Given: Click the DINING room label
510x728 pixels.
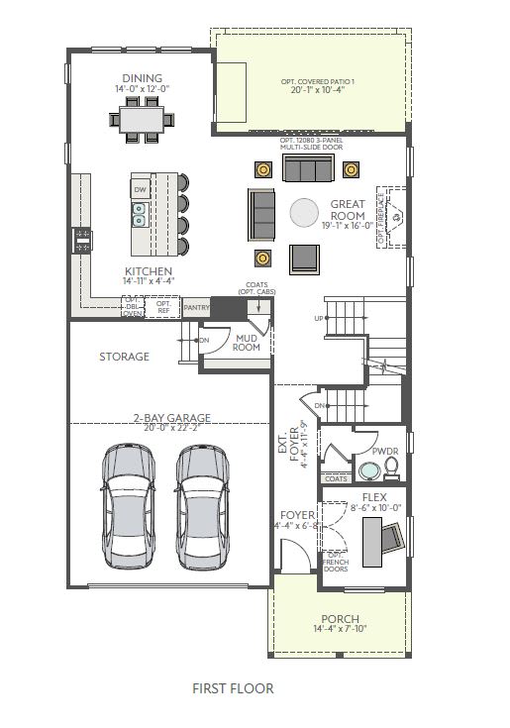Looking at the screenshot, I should click(x=143, y=78).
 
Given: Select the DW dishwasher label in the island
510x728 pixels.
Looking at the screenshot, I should click(x=141, y=190).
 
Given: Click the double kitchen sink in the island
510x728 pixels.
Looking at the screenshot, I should click(x=141, y=210).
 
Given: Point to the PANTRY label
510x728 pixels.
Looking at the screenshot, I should click(x=196, y=309).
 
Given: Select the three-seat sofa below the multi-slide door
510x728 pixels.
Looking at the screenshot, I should click(x=306, y=169).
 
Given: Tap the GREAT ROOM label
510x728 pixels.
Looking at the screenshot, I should click(x=348, y=210).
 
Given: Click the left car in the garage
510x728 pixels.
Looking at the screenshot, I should click(x=128, y=506).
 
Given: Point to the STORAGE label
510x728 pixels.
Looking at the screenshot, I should click(x=125, y=357).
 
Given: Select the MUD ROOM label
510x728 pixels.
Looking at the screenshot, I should click(x=247, y=343).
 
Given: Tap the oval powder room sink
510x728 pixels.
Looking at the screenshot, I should click(x=368, y=469).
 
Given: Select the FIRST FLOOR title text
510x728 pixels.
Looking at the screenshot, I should click(x=234, y=688).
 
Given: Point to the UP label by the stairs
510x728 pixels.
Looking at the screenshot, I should click(x=318, y=318).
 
